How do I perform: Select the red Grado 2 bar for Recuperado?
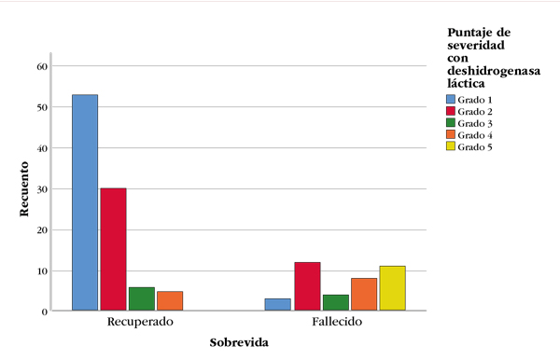(113, 249)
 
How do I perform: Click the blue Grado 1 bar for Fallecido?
(278, 304)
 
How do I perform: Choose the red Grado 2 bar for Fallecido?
(307, 286)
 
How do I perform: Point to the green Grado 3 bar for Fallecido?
(335, 302)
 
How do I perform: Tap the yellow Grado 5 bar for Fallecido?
(393, 288)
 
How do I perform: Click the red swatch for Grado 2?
(451, 111)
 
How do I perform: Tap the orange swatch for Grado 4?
(451, 135)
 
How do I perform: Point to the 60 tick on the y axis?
(41, 66)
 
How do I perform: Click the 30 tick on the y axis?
(41, 189)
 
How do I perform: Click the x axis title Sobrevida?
(239, 342)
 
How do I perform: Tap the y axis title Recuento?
(26, 189)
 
